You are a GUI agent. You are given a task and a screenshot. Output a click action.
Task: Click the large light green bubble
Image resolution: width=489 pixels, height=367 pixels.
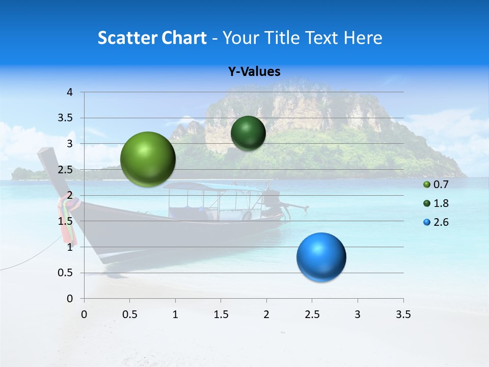[x=148, y=159]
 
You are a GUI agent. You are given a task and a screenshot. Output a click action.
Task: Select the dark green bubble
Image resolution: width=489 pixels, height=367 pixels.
[x=248, y=133]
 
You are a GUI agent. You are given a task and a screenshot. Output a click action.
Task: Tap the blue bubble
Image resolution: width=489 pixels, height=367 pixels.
[x=321, y=257]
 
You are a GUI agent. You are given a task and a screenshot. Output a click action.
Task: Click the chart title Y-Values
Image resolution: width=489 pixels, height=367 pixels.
[x=254, y=72]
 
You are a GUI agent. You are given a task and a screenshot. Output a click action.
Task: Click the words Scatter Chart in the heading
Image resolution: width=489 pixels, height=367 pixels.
[x=152, y=38]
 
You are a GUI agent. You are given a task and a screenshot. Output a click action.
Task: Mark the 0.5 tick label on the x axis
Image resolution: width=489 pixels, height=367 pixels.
[x=129, y=314]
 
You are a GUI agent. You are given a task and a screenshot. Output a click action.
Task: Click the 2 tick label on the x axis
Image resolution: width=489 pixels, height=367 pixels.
[x=266, y=314]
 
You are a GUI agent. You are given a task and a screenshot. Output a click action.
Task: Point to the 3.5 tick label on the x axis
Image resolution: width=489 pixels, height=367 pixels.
[x=403, y=314]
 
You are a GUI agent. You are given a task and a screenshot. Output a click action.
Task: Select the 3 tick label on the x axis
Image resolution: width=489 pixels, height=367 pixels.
[x=358, y=314]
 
